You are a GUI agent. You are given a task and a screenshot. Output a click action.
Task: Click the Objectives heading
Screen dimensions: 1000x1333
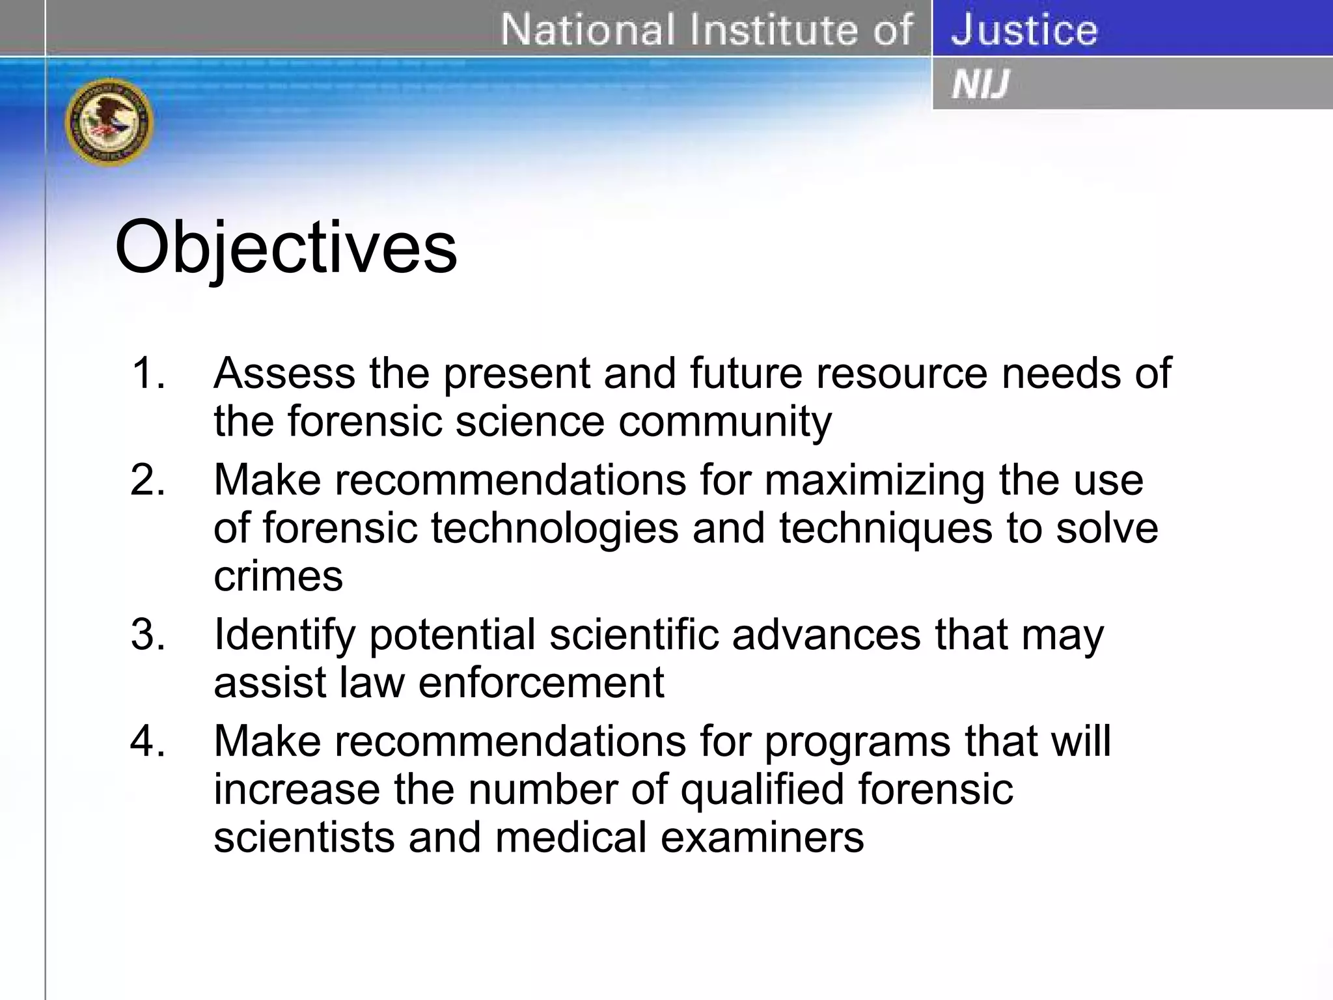[286, 248]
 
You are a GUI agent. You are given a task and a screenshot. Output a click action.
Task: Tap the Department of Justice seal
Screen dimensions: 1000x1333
[109, 122]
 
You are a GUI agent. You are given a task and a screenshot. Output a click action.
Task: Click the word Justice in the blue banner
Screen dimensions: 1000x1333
[1024, 30]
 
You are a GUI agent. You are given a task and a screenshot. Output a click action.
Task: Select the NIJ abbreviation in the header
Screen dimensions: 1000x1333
[980, 85]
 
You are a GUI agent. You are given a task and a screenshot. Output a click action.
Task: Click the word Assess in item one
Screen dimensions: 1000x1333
[284, 373]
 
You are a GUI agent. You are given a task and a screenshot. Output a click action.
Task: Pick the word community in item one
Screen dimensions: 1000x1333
[724, 422]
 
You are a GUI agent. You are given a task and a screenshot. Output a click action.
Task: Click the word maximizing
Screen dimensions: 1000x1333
[874, 480]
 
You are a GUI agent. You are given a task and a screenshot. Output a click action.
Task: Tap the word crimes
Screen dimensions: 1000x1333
[278, 576]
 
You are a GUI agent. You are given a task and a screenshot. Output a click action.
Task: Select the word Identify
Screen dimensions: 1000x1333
[284, 635]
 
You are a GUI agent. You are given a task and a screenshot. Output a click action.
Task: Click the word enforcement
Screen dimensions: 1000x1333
[540, 682]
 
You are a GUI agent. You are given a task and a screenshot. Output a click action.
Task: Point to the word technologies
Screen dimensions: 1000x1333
[555, 528]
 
